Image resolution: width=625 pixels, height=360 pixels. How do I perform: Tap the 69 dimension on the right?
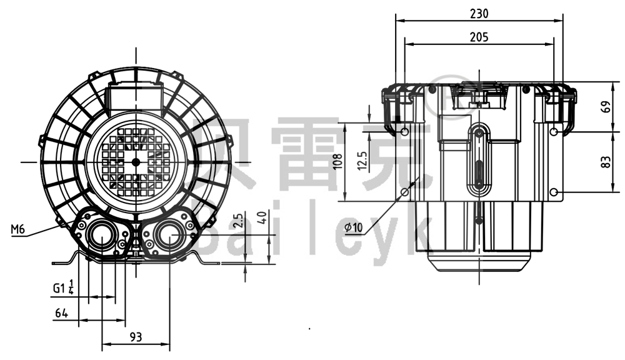(606, 106)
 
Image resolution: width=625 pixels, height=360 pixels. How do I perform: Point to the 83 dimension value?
(606, 162)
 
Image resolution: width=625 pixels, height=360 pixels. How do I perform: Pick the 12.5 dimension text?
(362, 162)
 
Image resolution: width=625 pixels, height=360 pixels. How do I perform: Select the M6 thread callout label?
(18, 230)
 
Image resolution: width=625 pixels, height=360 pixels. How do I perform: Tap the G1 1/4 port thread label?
(63, 288)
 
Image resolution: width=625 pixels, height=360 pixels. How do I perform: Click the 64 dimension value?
(61, 312)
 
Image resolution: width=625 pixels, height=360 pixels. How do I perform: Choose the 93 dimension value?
(136, 337)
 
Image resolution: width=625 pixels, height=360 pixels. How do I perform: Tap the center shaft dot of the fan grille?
(136, 162)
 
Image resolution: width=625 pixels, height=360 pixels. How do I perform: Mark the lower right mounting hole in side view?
(554, 191)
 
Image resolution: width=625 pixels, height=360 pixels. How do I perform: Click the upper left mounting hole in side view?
(405, 132)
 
